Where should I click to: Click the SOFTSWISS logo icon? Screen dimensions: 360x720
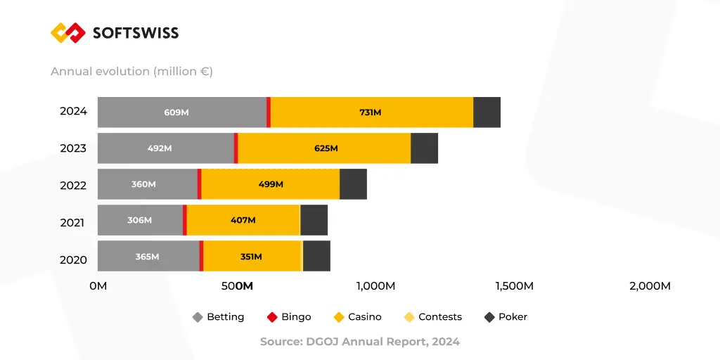pyautogui.click(x=68, y=32)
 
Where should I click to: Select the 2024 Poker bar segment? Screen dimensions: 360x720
pyautogui.click(x=487, y=112)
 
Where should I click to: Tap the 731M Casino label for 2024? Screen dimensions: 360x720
pyautogui.click(x=371, y=112)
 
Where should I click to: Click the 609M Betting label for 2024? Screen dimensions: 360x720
pyautogui.click(x=176, y=112)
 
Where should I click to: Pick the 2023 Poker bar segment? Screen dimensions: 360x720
pyautogui.click(x=424, y=148)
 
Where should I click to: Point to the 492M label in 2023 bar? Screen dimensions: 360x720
pyautogui.click(x=160, y=148)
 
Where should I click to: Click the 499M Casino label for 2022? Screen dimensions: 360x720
pyautogui.click(x=271, y=184)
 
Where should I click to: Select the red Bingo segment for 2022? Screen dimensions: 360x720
pyautogui.click(x=199, y=184)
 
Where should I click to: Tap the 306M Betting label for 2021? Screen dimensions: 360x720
pyautogui.click(x=139, y=220)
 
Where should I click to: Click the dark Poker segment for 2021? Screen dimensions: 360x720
pyautogui.click(x=314, y=220)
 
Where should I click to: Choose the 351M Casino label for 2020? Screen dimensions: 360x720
pyautogui.click(x=251, y=257)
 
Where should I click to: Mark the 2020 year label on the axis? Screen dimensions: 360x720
pyautogui.click(x=73, y=259)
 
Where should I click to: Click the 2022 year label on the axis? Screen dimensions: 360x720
pyautogui.click(x=73, y=185)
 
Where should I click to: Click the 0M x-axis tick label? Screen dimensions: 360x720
pyautogui.click(x=98, y=286)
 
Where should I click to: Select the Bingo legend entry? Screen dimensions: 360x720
pyautogui.click(x=289, y=317)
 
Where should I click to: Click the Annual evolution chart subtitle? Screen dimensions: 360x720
pyautogui.click(x=131, y=71)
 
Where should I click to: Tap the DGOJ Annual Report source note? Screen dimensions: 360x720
pyautogui.click(x=360, y=342)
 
